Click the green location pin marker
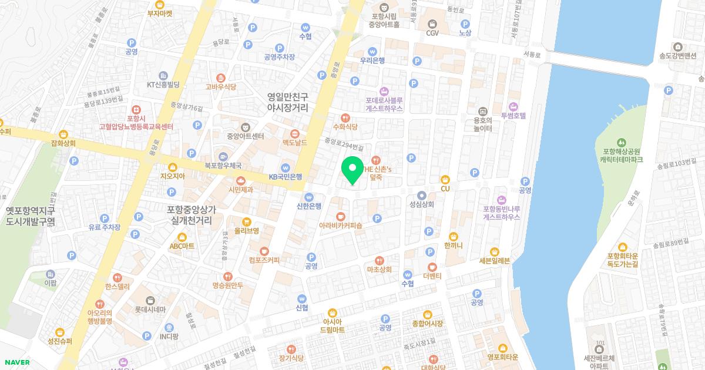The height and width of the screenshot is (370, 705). (x=352, y=170)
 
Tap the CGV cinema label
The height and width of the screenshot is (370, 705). (x=432, y=33)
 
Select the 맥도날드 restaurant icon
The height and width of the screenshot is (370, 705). (x=295, y=133)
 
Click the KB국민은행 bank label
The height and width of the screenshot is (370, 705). (x=286, y=176)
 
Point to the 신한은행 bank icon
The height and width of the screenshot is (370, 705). (x=309, y=197)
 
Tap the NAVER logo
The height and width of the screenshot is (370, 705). (x=15, y=362)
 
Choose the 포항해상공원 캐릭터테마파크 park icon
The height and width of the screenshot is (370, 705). (x=622, y=142)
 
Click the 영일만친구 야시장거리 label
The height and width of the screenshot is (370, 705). (x=288, y=103)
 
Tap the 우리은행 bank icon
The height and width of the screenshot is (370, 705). (x=372, y=51)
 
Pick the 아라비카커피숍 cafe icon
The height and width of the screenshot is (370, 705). (x=341, y=216)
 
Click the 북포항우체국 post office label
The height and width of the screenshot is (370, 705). (x=223, y=166)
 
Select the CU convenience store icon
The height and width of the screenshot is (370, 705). (x=445, y=179)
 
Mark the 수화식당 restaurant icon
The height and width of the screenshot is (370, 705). (x=345, y=117)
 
